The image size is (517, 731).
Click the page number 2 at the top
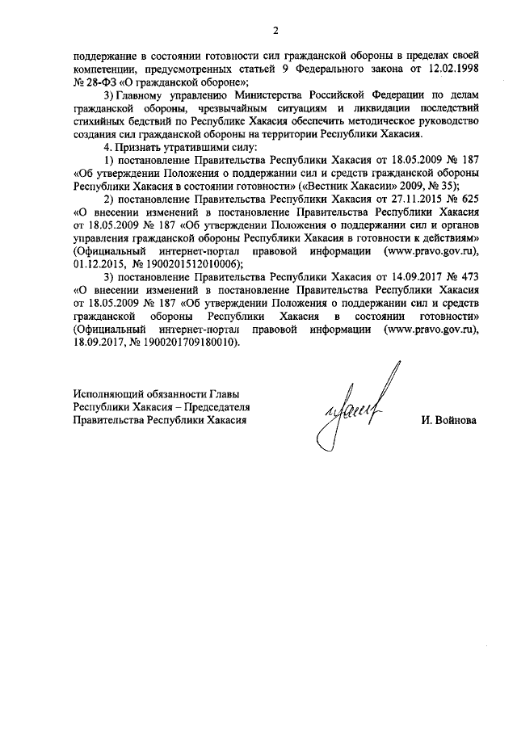coord(275,32)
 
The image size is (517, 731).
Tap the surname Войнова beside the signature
coord(448,421)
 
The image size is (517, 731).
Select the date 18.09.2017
coord(95,342)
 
